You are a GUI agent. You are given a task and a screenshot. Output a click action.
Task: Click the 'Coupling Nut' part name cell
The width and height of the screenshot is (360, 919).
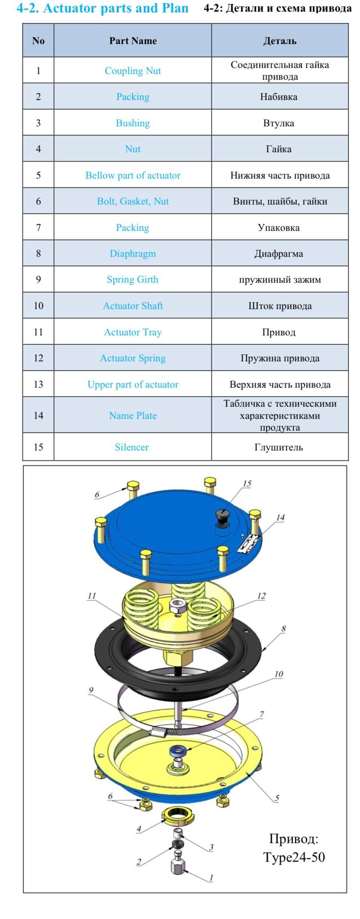tap(133, 71)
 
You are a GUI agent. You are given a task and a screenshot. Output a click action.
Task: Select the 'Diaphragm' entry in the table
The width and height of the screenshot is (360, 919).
tap(133, 254)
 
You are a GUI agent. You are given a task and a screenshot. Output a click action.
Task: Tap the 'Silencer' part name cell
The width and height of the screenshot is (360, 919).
tap(132, 447)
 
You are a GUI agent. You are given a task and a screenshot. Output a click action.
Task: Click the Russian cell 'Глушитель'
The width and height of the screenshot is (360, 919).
tap(279, 447)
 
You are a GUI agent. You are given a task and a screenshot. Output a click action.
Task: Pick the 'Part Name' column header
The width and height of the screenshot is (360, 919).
tap(133, 41)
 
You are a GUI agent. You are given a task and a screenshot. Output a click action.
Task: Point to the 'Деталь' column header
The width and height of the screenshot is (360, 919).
tap(280, 41)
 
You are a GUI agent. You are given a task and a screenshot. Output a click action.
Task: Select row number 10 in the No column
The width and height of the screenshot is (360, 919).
tap(39, 306)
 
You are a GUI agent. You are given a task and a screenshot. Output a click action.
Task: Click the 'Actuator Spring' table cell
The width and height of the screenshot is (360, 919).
tap(133, 358)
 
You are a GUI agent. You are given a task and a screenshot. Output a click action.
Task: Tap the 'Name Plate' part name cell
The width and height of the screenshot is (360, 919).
tap(133, 415)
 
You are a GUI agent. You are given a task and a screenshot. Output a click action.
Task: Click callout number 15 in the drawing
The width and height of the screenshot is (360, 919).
tap(247, 483)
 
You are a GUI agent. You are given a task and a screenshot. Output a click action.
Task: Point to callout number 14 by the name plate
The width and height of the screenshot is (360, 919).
tap(280, 517)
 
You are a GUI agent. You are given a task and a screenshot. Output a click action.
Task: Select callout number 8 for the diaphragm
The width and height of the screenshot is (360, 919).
tap(283, 628)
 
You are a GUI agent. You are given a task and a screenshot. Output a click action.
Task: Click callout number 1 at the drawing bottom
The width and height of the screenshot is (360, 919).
tap(211, 878)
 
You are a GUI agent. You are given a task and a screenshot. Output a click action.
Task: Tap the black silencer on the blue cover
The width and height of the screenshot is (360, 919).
tap(222, 515)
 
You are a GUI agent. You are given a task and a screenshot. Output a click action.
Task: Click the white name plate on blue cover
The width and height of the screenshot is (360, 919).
tap(248, 543)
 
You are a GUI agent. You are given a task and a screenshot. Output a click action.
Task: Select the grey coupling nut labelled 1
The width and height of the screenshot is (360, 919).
tap(178, 866)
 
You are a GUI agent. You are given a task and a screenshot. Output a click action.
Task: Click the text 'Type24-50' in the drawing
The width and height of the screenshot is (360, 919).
tap(294, 857)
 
